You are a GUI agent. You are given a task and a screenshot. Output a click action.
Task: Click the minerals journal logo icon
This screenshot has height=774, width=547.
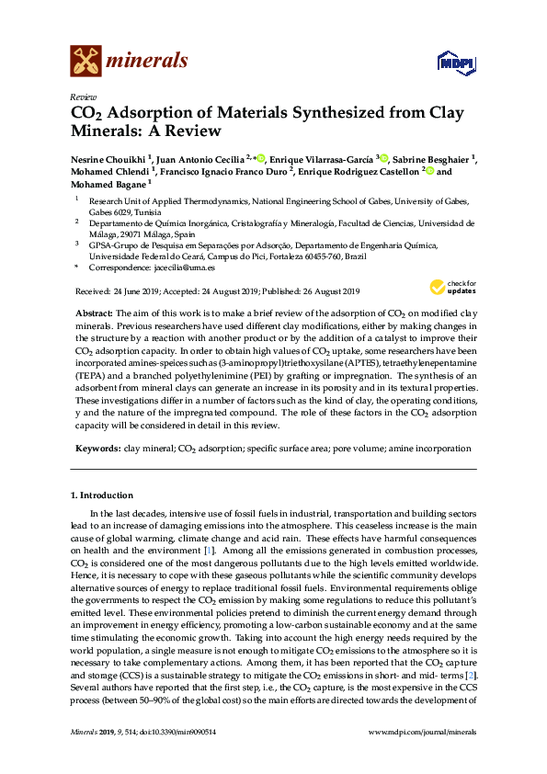coord(85,62)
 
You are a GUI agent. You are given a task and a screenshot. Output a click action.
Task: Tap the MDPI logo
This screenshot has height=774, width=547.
coord(457,62)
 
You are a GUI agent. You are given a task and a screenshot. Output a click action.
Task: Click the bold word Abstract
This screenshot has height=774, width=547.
coord(95,313)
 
